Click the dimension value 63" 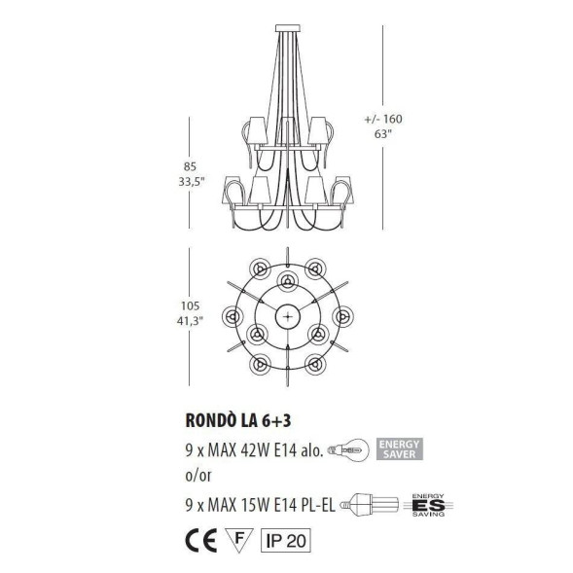(x=380, y=136)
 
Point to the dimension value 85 (x=176, y=164)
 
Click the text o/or (x=197, y=478)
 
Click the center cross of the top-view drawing (x=288, y=314)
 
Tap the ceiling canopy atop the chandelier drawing (x=287, y=25)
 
